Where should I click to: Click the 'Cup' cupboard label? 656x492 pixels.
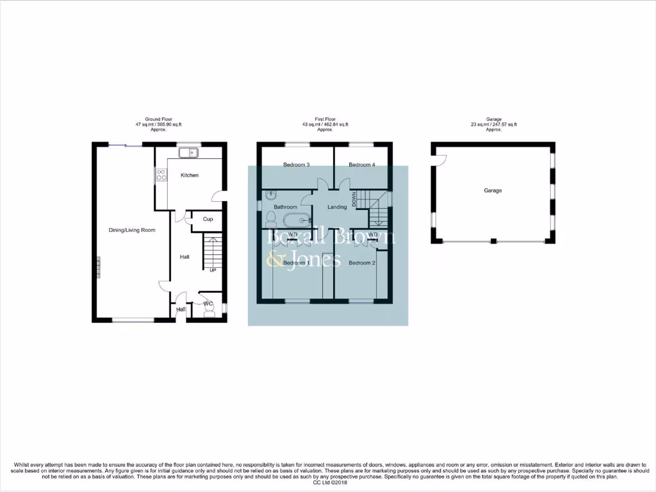coord(208,219)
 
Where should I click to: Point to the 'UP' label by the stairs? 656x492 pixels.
coord(213,270)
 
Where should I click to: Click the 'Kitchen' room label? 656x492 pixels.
coord(189,175)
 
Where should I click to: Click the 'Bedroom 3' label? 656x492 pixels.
coord(297,165)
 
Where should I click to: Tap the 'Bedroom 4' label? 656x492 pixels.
coord(362,165)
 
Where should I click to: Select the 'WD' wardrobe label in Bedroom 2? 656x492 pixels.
coord(373,234)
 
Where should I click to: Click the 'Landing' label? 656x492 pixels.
coord(337,207)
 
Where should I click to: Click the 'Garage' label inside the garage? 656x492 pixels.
coord(493,190)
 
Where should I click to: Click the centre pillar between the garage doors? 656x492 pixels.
coord(493,242)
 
